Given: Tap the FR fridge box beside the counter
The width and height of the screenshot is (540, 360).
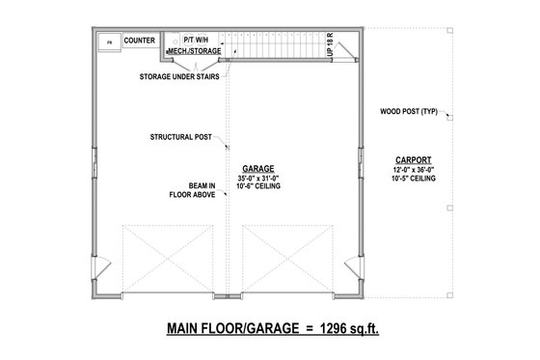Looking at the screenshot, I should (107, 43).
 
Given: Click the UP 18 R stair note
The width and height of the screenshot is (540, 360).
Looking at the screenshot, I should (330, 46).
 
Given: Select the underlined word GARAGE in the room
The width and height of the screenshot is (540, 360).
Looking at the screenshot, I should (256, 167).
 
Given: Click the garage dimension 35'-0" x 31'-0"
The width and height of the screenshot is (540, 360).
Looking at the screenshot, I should (256, 178).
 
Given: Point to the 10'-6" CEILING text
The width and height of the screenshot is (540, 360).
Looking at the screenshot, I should (256, 187).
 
